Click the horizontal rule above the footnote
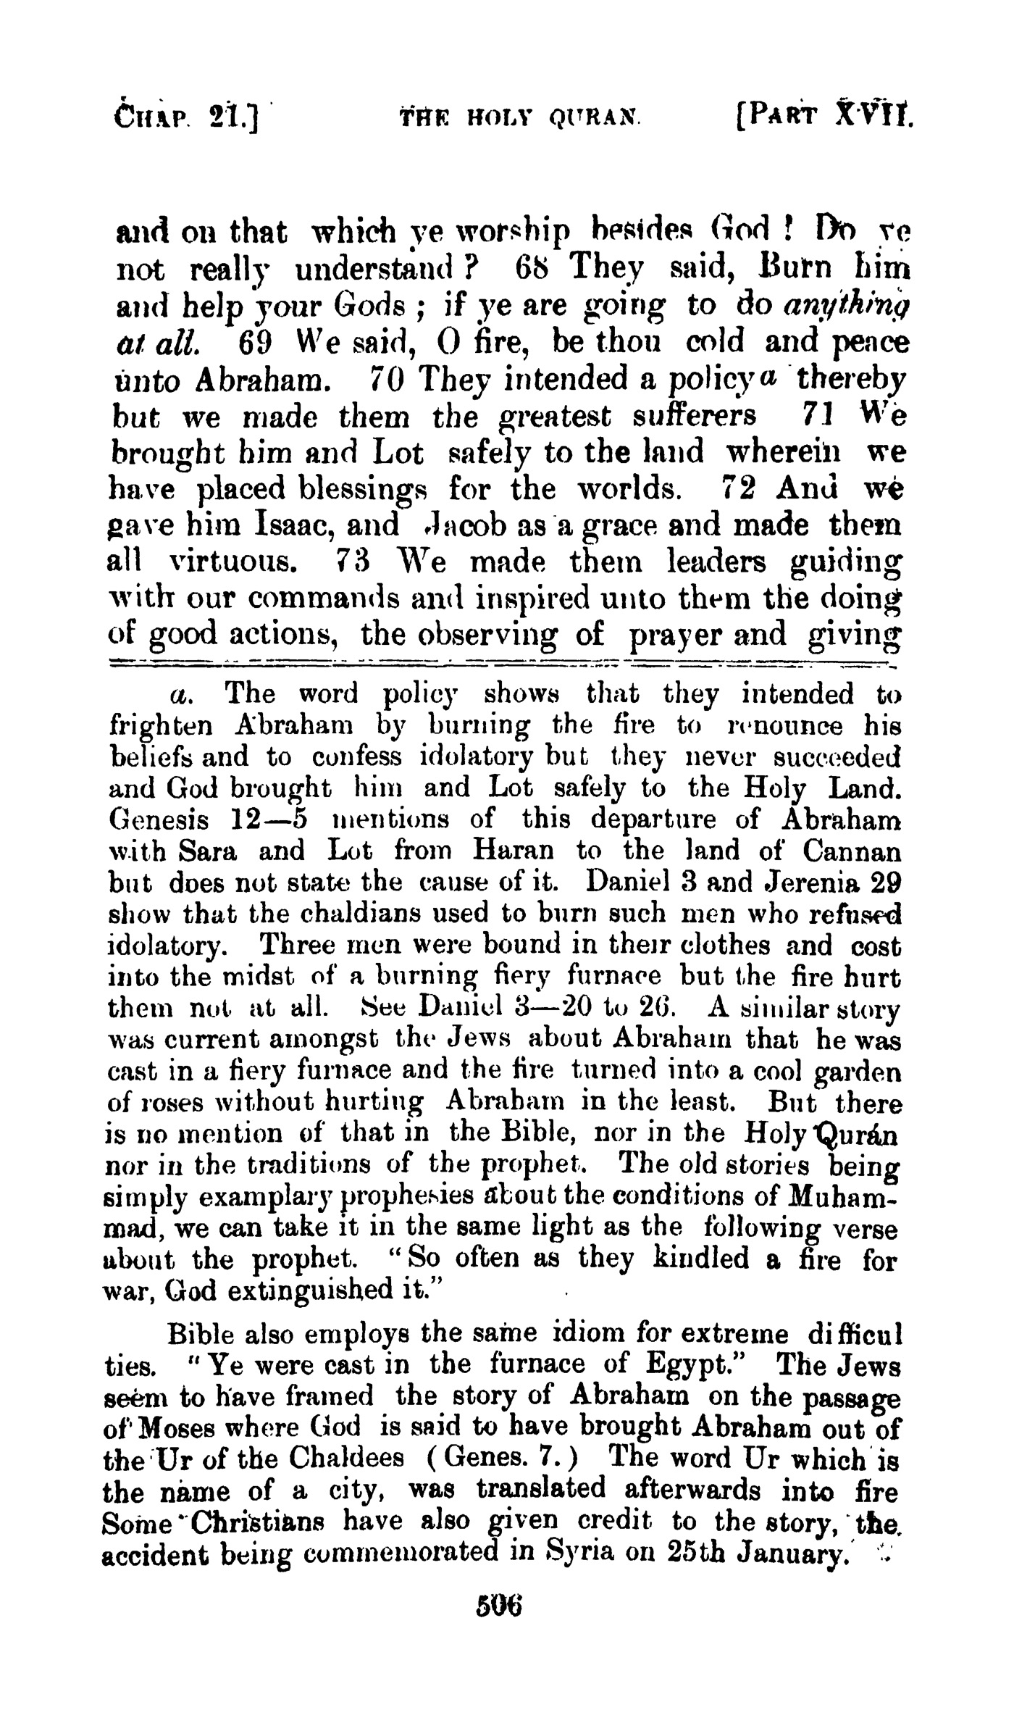[500, 663]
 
